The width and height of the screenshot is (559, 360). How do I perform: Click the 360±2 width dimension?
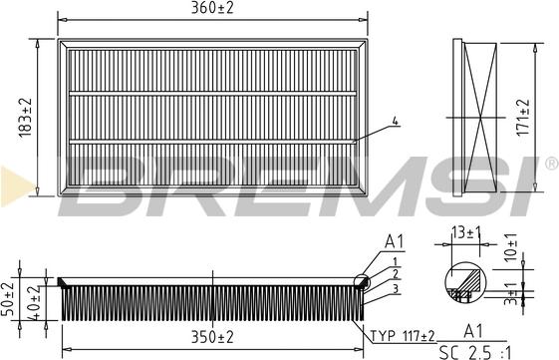pyautogui.click(x=213, y=10)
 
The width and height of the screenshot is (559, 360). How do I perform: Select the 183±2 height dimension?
pyautogui.click(x=27, y=118)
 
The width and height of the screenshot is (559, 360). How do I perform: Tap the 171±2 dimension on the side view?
pyautogui.click(x=522, y=117)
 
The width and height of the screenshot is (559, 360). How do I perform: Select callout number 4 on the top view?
pyautogui.click(x=395, y=121)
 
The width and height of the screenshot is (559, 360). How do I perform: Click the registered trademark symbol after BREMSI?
pyautogui.click(x=550, y=162)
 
